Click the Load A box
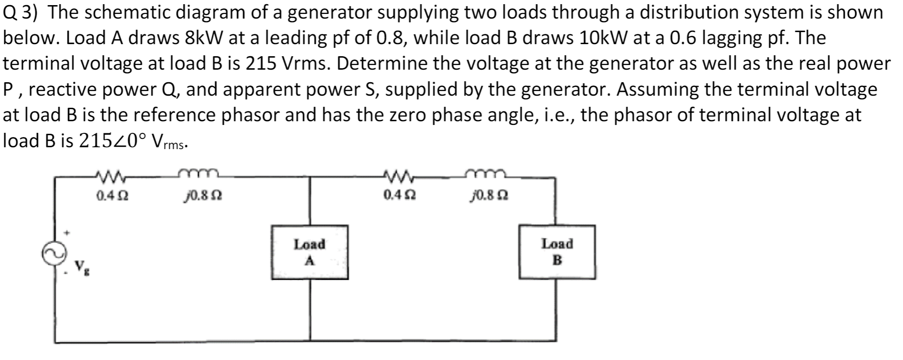(x=310, y=252)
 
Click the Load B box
(x=557, y=252)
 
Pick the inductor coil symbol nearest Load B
(x=485, y=174)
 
